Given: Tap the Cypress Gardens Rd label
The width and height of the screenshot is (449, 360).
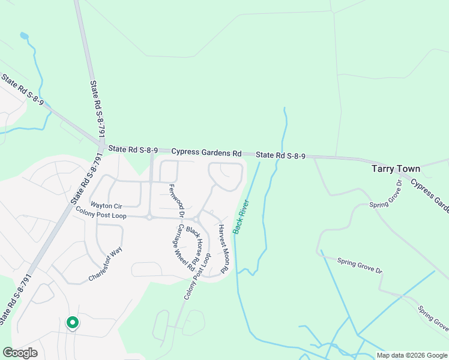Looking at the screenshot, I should [206, 152].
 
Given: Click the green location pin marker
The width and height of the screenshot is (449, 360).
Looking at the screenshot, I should [72, 323].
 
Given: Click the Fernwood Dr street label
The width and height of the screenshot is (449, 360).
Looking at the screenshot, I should [176, 200].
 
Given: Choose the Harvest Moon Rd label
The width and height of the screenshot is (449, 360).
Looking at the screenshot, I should [223, 249].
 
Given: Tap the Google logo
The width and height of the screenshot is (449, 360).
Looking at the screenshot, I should [20, 353].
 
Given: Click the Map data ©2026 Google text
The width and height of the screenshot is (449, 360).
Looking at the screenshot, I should [411, 355].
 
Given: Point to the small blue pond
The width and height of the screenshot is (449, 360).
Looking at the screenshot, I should [24, 36].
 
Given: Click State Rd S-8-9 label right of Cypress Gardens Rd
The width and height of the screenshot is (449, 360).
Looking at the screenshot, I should [281, 155].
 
